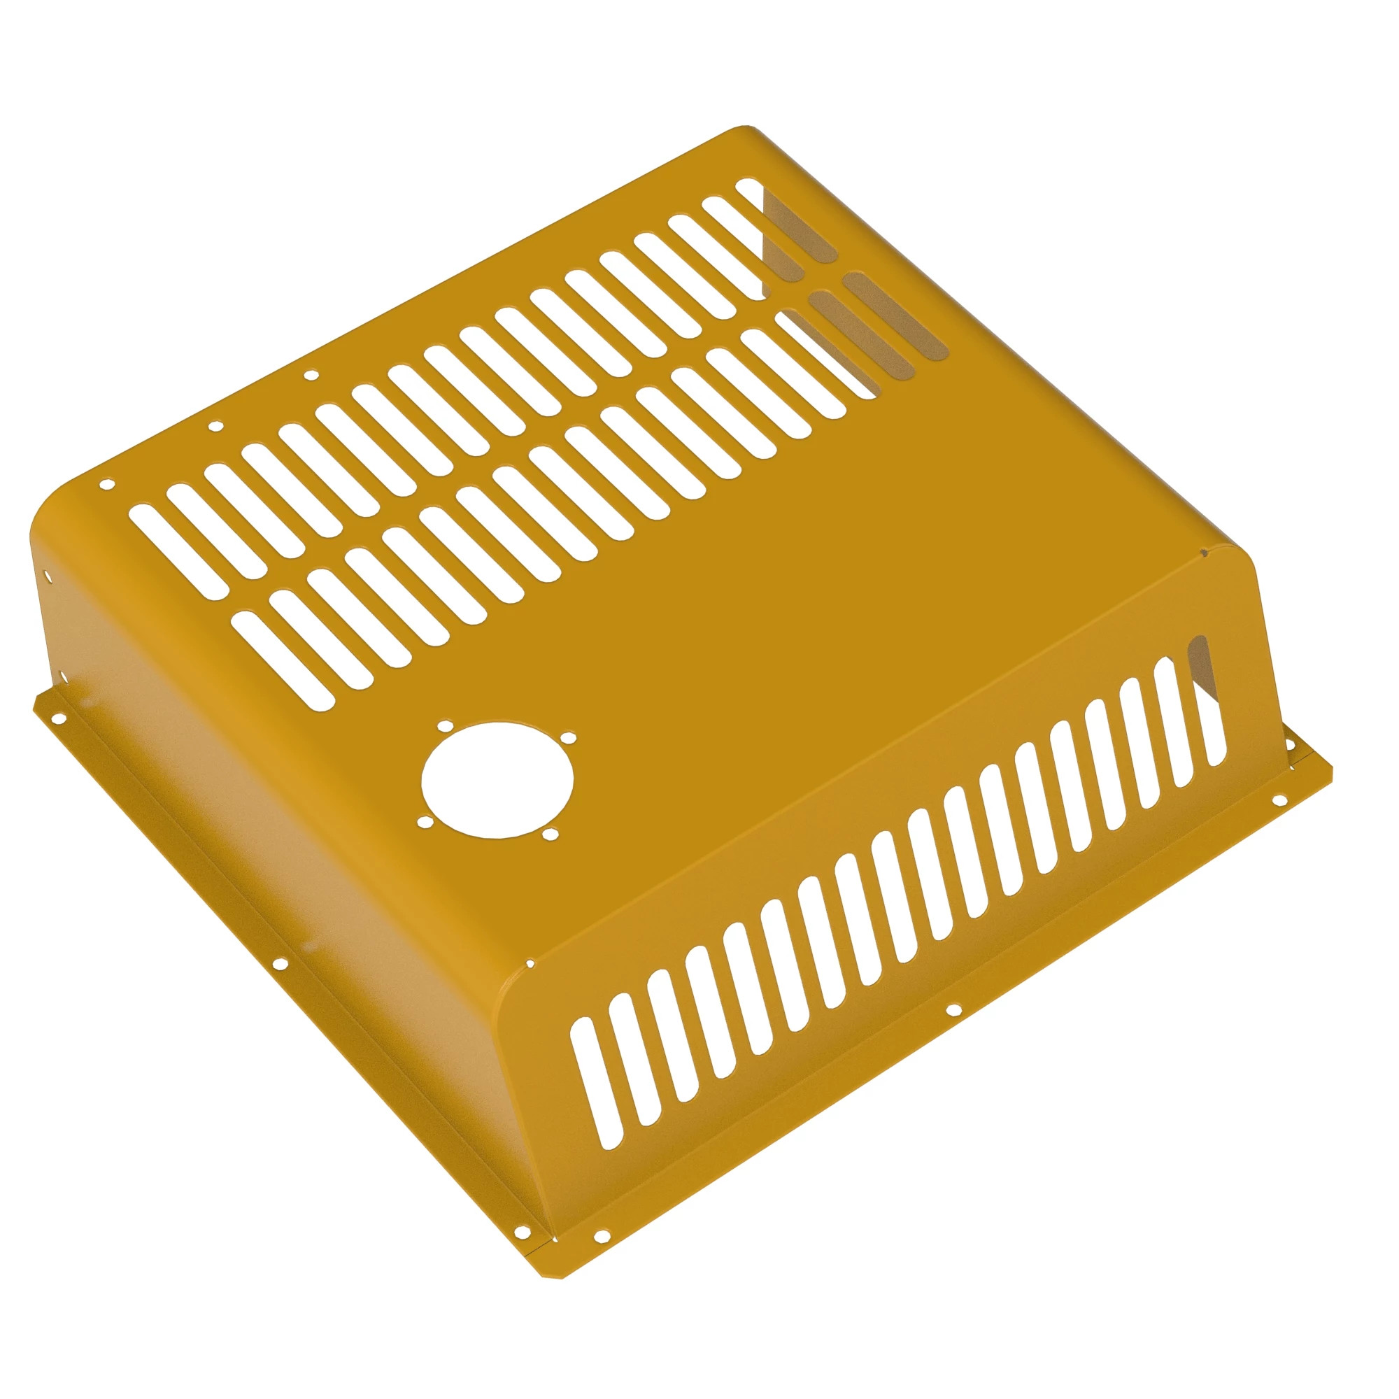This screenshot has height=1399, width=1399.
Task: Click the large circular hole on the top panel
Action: tap(497, 780)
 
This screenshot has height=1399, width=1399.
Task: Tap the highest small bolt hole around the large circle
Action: tap(443, 725)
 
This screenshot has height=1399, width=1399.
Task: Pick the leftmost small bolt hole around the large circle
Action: tap(425, 822)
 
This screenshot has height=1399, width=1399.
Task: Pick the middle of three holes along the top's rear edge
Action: tap(215, 427)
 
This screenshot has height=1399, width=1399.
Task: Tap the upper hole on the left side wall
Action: tap(48, 576)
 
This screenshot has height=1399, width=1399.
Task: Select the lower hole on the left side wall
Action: tap(63, 679)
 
